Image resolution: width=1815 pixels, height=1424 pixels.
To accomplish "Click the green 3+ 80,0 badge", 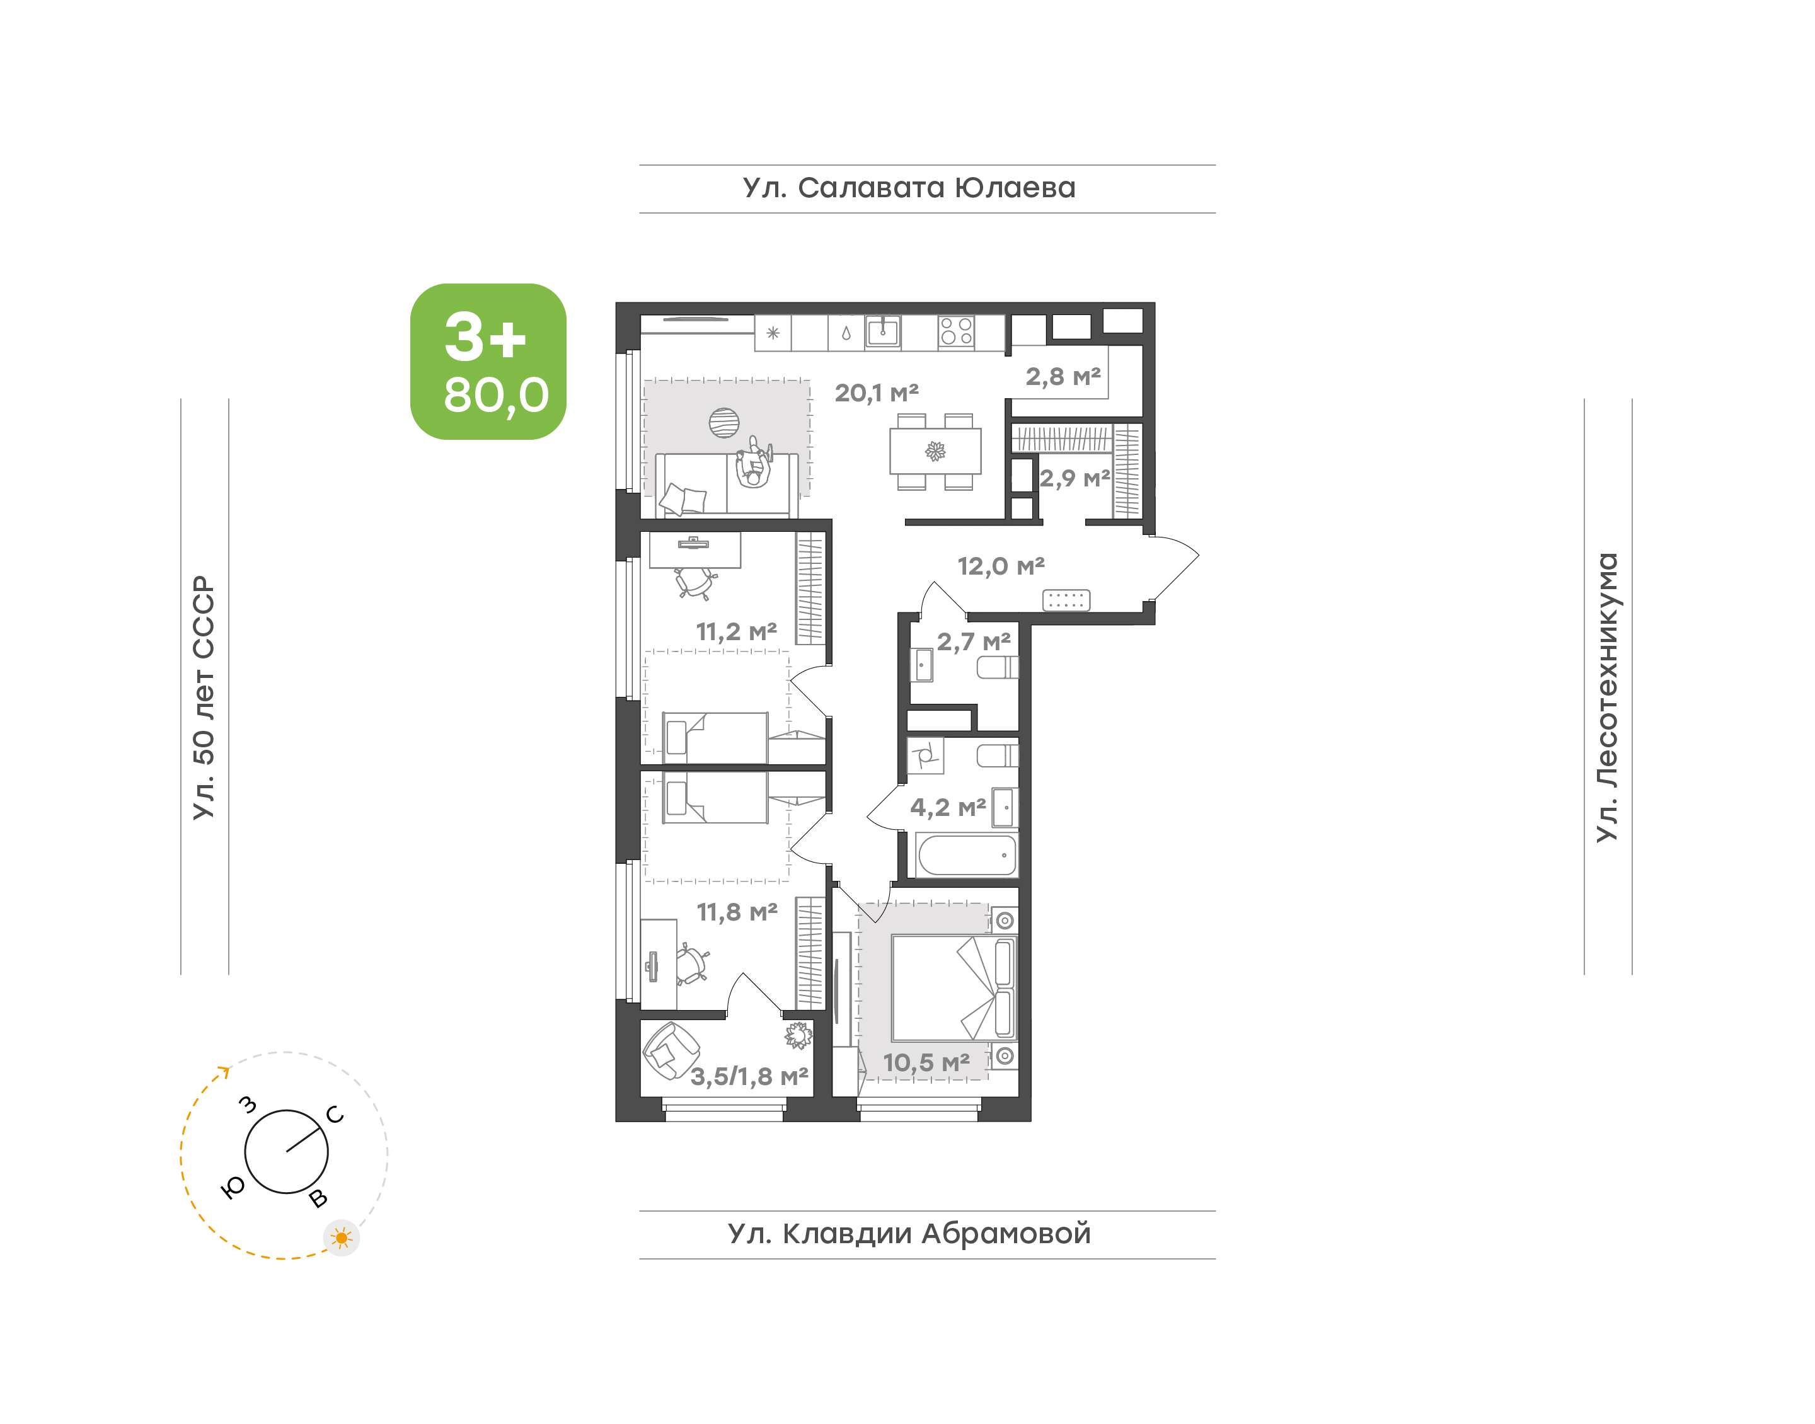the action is pyautogui.click(x=488, y=361).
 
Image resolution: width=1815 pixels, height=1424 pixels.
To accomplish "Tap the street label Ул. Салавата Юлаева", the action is pyautogui.click(x=909, y=188).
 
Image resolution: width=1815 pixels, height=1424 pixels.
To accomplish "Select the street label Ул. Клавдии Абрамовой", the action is pyautogui.click(x=909, y=1233).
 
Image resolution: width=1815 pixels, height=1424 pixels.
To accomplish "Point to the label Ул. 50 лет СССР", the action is pyautogui.click(x=204, y=697).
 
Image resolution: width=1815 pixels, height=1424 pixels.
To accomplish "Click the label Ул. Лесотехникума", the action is pyautogui.click(x=1606, y=697).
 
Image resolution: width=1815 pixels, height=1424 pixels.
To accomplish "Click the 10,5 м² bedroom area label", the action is pyautogui.click(x=926, y=1063).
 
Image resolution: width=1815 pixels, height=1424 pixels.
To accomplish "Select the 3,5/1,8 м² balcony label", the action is pyautogui.click(x=749, y=1076).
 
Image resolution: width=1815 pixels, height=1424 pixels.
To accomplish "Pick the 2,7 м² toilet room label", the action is pyautogui.click(x=974, y=642).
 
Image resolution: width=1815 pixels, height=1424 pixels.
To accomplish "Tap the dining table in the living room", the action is pyautogui.click(x=935, y=452).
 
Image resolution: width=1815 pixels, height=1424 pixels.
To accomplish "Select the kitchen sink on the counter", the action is pyautogui.click(x=883, y=331).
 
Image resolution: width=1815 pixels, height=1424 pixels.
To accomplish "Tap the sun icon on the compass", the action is pyautogui.click(x=341, y=1238).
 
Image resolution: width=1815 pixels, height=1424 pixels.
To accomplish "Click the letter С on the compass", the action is pyautogui.click(x=335, y=1115).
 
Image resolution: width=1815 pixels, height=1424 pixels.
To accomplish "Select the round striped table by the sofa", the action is pyautogui.click(x=723, y=423).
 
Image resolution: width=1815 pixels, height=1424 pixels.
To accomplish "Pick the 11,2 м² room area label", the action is pyautogui.click(x=737, y=632).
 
